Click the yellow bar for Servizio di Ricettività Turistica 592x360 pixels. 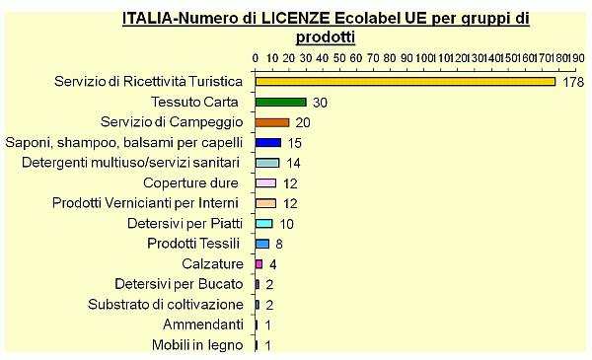405,81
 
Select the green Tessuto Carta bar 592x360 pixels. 280,102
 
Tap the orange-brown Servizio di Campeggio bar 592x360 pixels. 271,122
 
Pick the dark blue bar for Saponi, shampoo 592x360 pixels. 267,143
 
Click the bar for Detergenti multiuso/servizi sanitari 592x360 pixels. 266,163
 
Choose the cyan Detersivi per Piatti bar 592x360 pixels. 263,224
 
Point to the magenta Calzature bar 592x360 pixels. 259,264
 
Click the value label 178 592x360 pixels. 573,81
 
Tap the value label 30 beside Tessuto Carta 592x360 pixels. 320,103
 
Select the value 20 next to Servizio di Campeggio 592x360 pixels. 303,122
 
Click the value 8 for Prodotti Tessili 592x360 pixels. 279,244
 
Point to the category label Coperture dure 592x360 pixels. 190,183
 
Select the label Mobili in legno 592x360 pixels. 196,345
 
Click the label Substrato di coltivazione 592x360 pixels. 165,305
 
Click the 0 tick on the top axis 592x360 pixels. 256,58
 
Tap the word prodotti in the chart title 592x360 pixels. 326,36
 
